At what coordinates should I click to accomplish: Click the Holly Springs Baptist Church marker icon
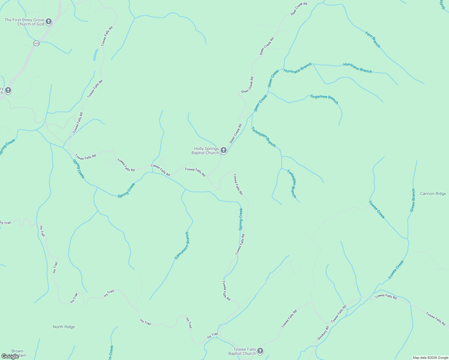click(x=223, y=150)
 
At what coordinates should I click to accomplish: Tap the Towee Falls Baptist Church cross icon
click(x=260, y=351)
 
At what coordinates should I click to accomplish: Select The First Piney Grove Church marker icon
click(x=49, y=22)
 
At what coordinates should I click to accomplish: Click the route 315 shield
click(x=36, y=43)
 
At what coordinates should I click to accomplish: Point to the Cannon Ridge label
click(x=433, y=194)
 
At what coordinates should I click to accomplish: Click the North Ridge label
click(x=64, y=327)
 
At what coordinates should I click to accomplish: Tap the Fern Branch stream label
click(x=373, y=40)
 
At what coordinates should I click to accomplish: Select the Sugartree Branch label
click(x=324, y=99)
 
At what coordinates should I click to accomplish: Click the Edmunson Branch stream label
click(x=182, y=246)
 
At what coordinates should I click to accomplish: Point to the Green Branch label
click(x=413, y=200)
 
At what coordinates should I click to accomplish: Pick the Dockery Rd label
click(x=323, y=333)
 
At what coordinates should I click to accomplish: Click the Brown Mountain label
click(x=17, y=353)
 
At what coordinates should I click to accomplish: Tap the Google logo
click(x=10, y=356)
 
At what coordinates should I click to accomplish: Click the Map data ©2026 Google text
click(x=430, y=358)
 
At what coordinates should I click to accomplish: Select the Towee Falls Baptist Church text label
click(x=242, y=351)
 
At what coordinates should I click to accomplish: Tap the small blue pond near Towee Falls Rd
click(x=95, y=55)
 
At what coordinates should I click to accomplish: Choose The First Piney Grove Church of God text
click(x=24, y=22)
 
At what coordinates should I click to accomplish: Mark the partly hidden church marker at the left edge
click(x=8, y=90)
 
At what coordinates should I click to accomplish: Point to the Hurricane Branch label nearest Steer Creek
click(x=297, y=68)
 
